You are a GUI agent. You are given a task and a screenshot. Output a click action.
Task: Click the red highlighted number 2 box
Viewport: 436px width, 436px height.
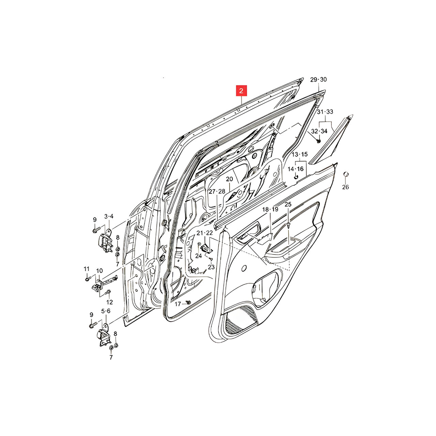241,91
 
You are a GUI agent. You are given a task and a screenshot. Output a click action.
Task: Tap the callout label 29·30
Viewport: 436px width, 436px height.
318,80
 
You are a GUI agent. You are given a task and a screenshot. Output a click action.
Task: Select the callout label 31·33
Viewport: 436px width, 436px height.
325,112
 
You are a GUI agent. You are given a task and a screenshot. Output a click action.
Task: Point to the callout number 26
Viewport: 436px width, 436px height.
345,187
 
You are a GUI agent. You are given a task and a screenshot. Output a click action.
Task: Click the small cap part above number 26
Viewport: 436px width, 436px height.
346,174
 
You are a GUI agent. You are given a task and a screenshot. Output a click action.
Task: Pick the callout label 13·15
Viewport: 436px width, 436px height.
299,154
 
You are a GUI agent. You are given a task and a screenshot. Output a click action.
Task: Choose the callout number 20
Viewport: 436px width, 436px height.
229,179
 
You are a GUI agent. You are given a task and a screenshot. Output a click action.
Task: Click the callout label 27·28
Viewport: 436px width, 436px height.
217,191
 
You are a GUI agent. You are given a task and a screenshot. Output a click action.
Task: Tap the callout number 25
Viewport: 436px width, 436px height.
288,204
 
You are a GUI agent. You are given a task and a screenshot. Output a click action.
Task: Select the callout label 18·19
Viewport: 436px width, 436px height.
270,209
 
